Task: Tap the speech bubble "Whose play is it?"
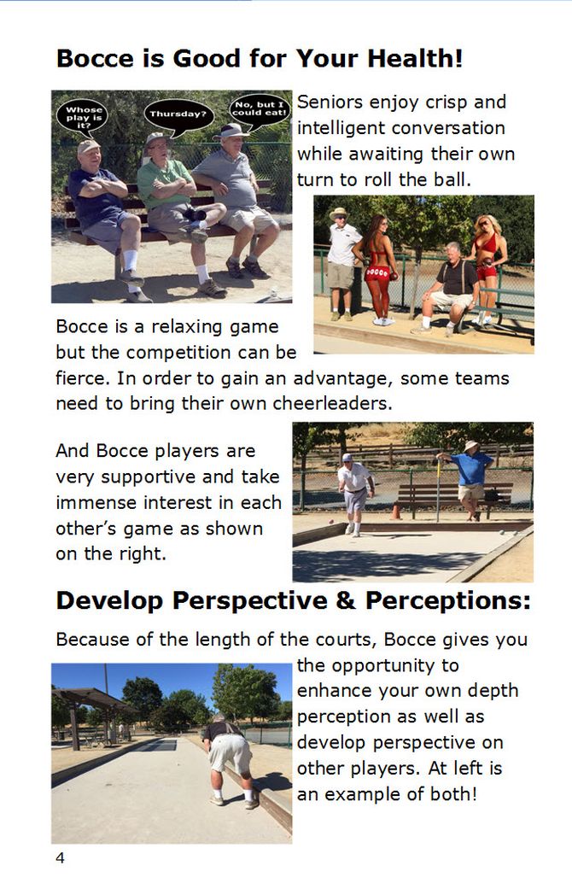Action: point(84,117)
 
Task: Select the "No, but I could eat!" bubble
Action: point(260,109)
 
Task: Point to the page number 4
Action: point(60,857)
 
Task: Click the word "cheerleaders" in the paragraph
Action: point(331,404)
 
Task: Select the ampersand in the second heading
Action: point(346,601)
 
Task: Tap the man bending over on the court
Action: point(230,759)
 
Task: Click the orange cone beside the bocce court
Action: point(395,512)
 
